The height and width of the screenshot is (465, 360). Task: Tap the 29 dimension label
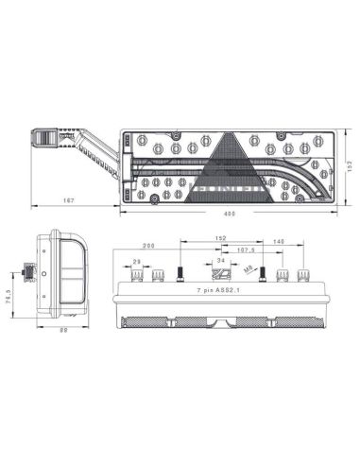click(137, 261)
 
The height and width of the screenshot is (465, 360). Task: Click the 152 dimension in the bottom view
click(219, 238)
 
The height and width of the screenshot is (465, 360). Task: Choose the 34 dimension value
click(220, 259)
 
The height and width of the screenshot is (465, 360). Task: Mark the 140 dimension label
click(278, 243)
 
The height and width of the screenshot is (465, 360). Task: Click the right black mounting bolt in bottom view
click(264, 274)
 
